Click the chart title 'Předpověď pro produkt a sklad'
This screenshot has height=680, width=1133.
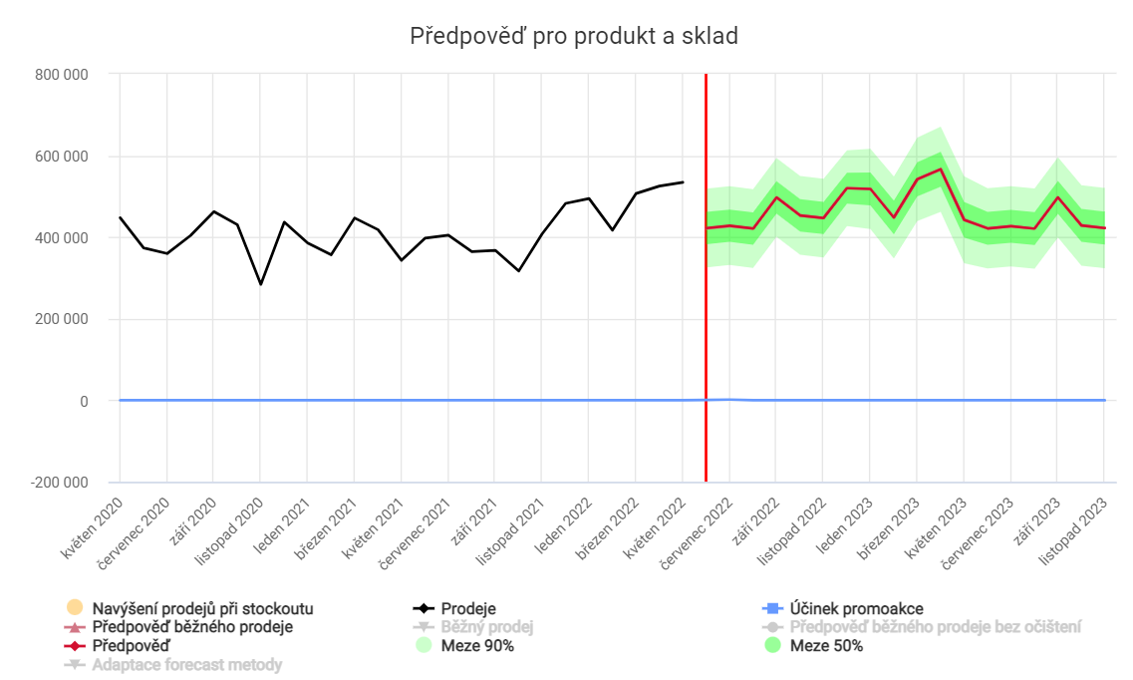[574, 37]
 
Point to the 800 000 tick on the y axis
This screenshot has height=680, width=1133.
[62, 75]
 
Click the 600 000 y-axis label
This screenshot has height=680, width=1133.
[62, 157]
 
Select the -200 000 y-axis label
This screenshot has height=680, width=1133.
[59, 483]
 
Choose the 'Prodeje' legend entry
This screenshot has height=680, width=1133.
[467, 608]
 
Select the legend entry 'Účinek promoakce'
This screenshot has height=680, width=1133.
[856, 608]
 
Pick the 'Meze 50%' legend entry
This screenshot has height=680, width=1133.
[826, 646]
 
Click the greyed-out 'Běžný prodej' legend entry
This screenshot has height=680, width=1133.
[487, 627]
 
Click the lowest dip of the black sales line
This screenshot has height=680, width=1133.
[260, 284]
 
